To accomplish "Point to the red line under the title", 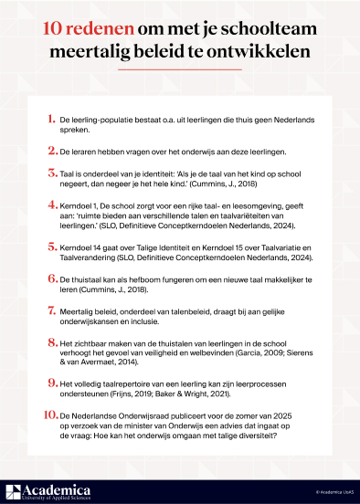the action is (x=181, y=69).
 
